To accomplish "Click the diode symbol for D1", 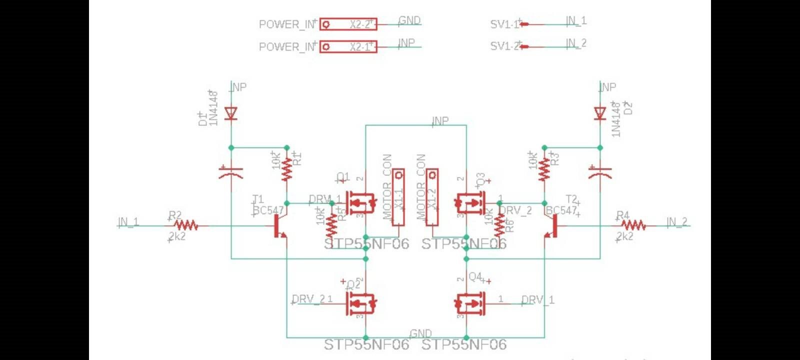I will click(230, 113).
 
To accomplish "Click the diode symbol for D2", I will click(600, 113).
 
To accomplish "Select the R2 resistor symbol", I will click(186, 226).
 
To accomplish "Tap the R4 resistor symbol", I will click(633, 226).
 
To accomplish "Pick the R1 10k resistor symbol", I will click(286, 170).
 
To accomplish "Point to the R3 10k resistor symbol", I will click(544, 170).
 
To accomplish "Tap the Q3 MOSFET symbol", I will click(470, 203).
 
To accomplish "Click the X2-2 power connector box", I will click(348, 24).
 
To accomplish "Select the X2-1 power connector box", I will click(348, 46).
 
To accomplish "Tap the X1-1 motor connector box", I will click(398, 197).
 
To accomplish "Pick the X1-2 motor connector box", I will click(432, 197).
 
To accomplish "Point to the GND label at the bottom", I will click(420, 333).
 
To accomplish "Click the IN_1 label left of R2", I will click(128, 222).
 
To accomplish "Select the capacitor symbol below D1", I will click(230, 173).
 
